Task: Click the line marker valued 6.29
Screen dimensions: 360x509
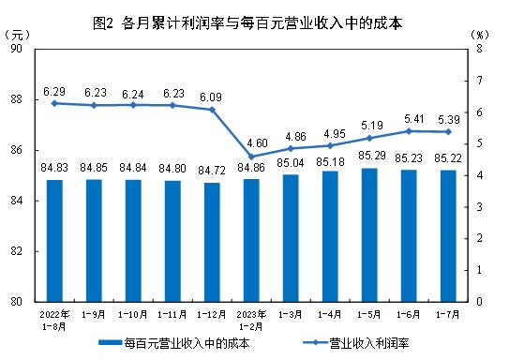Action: [53, 103]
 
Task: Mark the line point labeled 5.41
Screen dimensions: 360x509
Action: [409, 130]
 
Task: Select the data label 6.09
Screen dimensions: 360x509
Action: [211, 97]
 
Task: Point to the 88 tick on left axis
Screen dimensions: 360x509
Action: [28, 99]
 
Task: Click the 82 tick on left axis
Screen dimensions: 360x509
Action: [28, 251]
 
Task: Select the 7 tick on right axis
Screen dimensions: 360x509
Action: [478, 81]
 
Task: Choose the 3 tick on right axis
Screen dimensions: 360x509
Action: [478, 207]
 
